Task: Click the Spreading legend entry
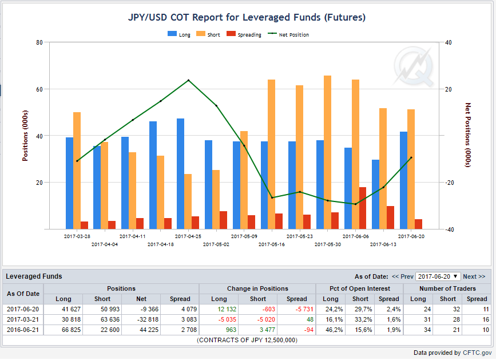pyautogui.click(x=244, y=34)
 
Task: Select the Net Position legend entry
pyautogui.click(x=288, y=34)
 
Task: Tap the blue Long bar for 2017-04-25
pyautogui.click(x=181, y=173)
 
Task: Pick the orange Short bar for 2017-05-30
pyautogui.click(x=327, y=152)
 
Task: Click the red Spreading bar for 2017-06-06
pyautogui.click(x=363, y=208)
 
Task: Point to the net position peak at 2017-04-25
pyautogui.click(x=189, y=80)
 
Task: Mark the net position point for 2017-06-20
pyautogui.click(x=411, y=157)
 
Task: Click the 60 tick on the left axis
pyautogui.click(x=39, y=89)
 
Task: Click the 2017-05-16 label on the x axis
pyautogui.click(x=272, y=244)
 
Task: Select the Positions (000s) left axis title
pyautogui.click(x=25, y=136)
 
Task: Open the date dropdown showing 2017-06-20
pyautogui.click(x=438, y=276)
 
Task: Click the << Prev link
pyautogui.click(x=402, y=276)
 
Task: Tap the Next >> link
pyautogui.click(x=474, y=276)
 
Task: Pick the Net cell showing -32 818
pyautogui.click(x=141, y=319)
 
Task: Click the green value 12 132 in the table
pyautogui.click(x=227, y=309)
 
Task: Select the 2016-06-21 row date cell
pyautogui.click(x=23, y=330)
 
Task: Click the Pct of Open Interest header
pyautogui.click(x=360, y=288)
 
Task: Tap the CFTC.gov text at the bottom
pyautogui.click(x=477, y=353)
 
